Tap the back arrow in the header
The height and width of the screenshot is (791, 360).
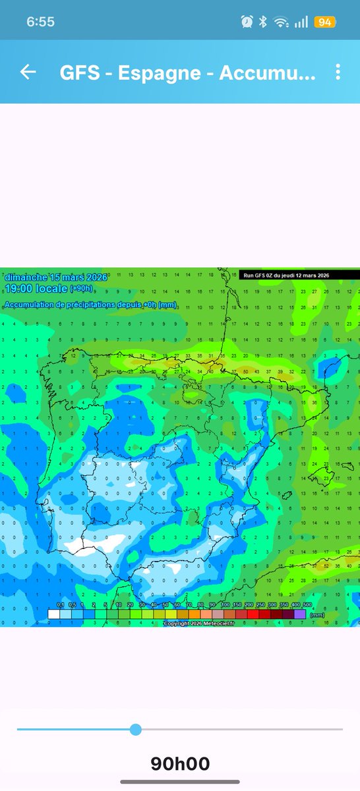[28, 72]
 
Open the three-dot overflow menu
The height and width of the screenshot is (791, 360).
[338, 72]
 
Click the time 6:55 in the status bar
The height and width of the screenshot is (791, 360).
[40, 22]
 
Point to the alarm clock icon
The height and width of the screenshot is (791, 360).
[247, 22]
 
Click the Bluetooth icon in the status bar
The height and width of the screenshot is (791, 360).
[262, 22]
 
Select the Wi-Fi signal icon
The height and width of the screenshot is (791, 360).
[282, 22]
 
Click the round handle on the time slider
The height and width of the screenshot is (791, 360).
[136, 729]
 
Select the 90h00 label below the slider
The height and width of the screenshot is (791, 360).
[180, 764]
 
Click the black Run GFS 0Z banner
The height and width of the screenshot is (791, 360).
[286, 275]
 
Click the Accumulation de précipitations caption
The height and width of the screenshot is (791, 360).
[90, 305]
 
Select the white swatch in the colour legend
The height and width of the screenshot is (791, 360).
[54, 614]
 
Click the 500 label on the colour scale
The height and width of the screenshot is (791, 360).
[307, 604]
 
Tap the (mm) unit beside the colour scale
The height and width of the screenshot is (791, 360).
[318, 614]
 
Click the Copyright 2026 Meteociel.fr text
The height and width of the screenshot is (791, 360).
[198, 623]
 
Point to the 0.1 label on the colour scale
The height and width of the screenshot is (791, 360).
[60, 604]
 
